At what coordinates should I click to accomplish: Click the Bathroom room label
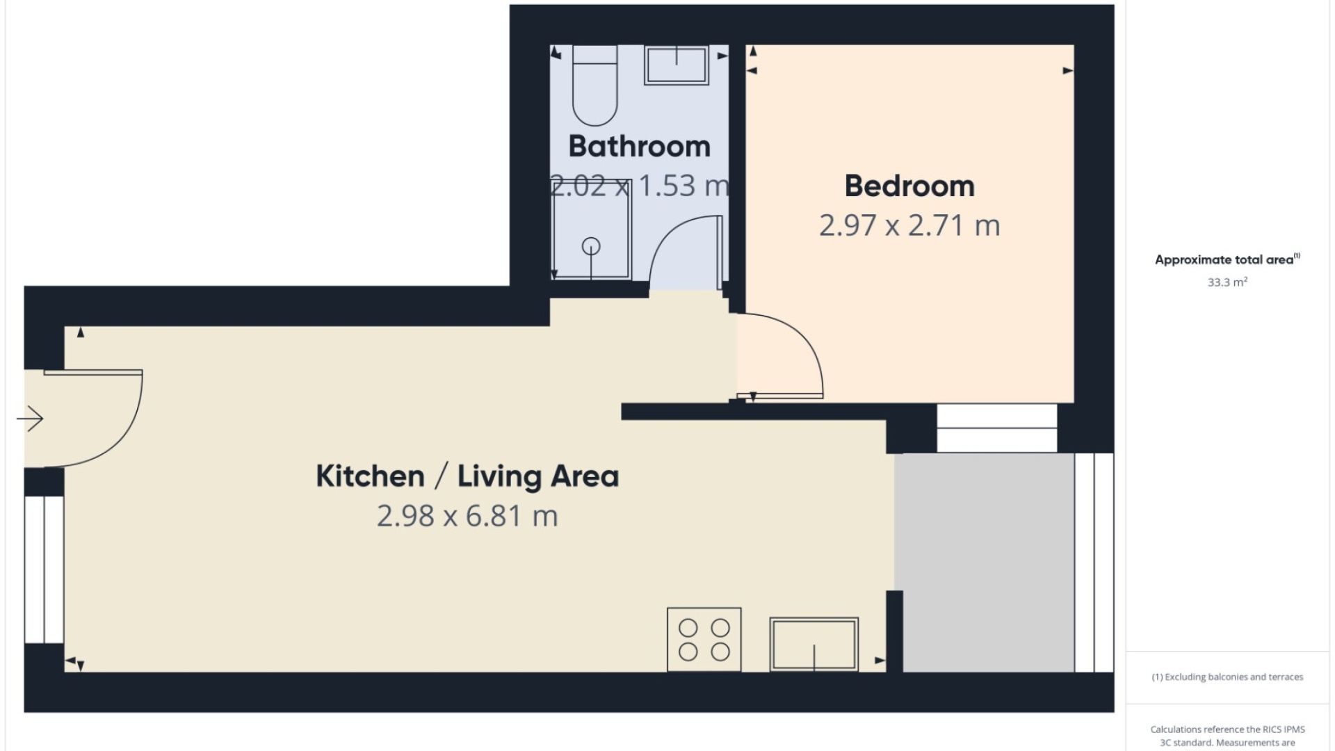point(639,147)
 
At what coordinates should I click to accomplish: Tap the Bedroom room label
point(909,186)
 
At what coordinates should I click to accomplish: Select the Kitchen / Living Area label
point(467,476)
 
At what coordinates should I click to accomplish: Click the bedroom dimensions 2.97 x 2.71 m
point(909,226)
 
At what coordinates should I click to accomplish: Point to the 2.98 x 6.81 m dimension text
point(467,516)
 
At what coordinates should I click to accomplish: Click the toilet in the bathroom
point(594,85)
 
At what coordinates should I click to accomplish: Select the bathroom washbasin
point(676,65)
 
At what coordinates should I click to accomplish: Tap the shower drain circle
point(591,245)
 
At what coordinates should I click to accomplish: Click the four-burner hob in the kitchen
point(704,639)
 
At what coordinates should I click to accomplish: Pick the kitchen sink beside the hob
point(814,644)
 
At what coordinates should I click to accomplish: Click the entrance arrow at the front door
point(30,419)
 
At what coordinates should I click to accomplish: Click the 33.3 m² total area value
point(1227,282)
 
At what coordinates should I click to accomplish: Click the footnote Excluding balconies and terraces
point(1227,677)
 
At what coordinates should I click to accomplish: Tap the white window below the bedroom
point(996,428)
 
